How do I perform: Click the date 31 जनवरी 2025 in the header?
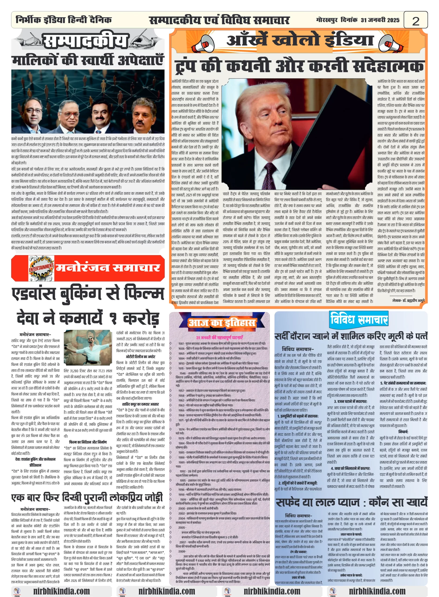click(x=380, y=20)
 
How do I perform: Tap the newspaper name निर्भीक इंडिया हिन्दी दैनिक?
click(x=64, y=20)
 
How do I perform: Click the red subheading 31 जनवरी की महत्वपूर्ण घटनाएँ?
click(x=219, y=337)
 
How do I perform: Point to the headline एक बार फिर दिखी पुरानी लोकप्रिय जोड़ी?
click(x=87, y=498)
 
